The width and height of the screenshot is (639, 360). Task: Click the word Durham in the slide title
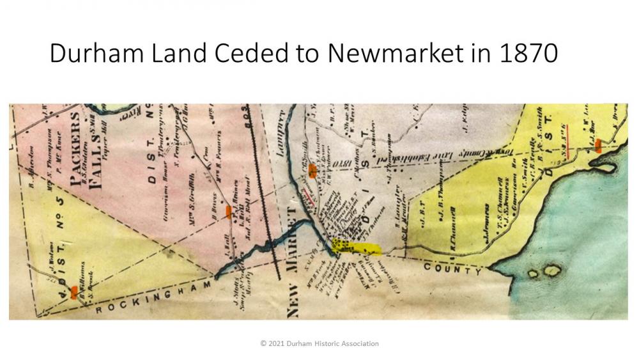(x=95, y=54)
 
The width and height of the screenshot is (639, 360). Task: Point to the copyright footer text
(x=319, y=343)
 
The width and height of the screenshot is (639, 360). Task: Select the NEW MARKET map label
(x=294, y=262)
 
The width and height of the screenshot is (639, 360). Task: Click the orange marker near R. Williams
(x=74, y=292)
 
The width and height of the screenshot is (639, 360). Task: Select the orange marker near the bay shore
(x=598, y=146)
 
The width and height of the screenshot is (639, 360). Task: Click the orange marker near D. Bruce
(x=229, y=212)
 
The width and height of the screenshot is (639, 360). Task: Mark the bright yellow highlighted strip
(x=356, y=247)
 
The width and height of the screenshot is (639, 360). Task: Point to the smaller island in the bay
(x=534, y=274)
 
